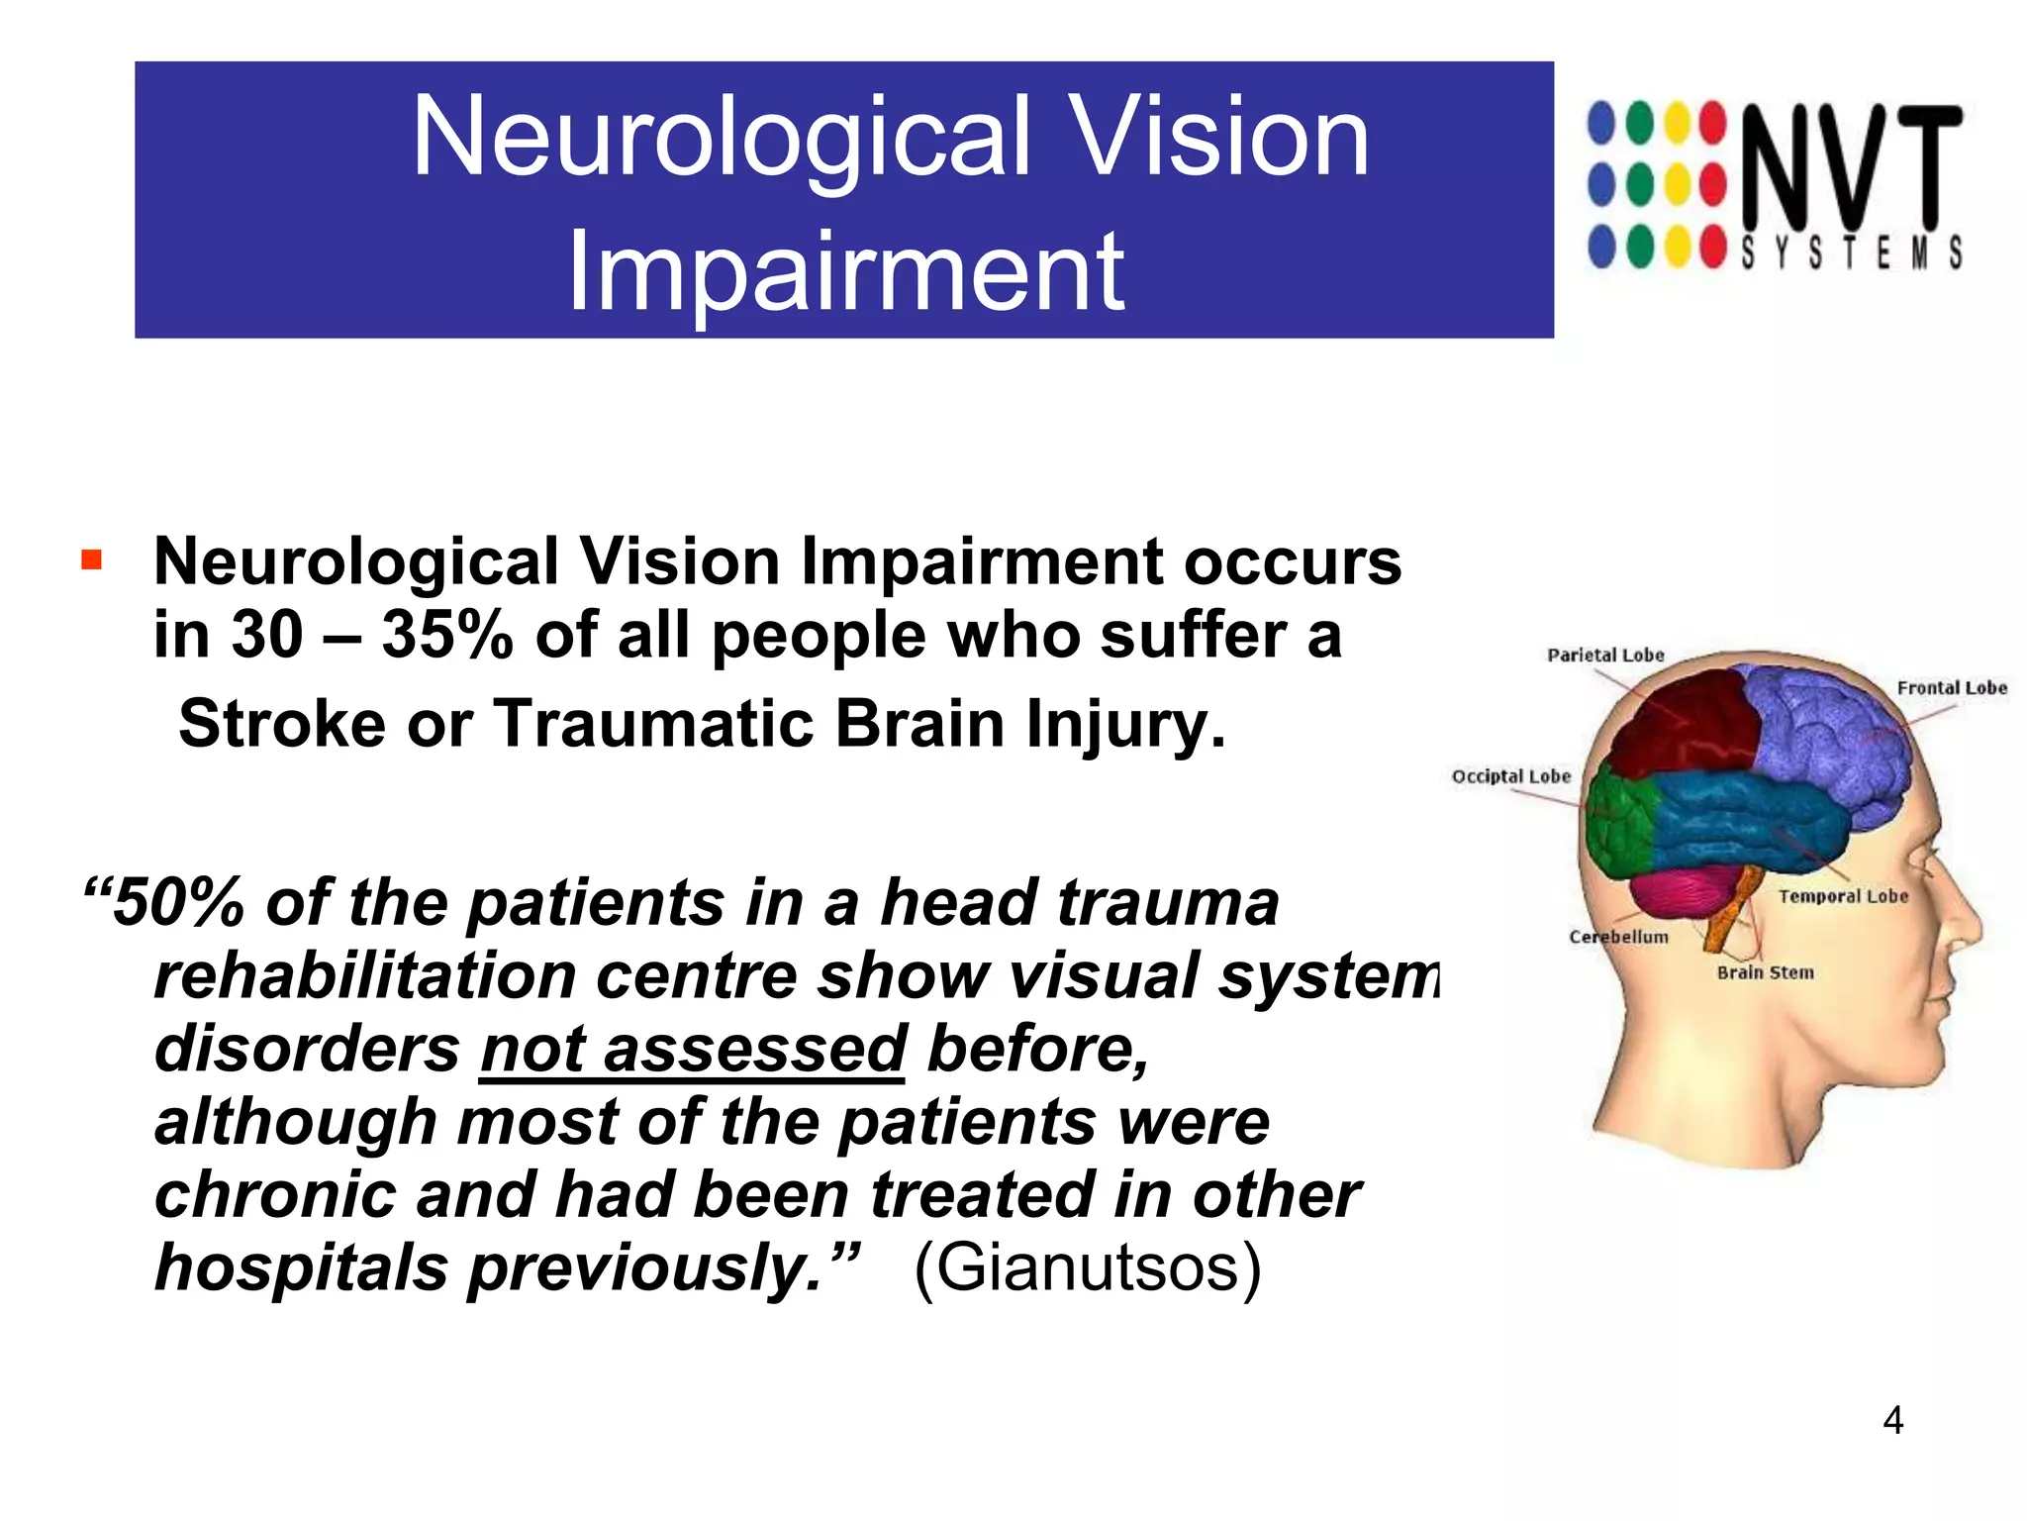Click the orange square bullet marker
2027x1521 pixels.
(92, 561)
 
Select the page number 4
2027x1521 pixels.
(1892, 1420)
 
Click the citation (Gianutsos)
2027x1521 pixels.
(1087, 1267)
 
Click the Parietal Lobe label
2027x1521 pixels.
(1605, 655)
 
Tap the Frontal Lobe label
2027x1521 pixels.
(1951, 687)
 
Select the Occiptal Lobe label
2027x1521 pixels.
(1510, 776)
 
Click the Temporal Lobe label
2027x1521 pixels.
(1843, 896)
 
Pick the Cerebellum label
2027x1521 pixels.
(1618, 937)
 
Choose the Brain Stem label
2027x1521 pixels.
(1765, 972)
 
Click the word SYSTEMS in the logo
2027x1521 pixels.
(1851, 253)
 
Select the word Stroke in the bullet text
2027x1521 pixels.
(281, 724)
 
